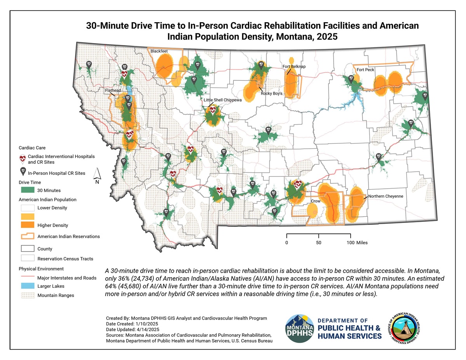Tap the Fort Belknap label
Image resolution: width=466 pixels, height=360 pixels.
coord(294,67)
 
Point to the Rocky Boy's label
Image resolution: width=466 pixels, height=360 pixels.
coord(271,94)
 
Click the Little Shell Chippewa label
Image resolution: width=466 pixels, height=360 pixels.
coord(223,100)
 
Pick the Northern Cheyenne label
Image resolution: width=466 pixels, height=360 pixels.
coord(386,196)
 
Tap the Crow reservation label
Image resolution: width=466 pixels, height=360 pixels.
coord(315,202)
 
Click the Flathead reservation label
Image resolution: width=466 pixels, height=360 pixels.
coord(113,90)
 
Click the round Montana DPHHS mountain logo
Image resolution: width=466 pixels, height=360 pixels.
coord(301,329)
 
